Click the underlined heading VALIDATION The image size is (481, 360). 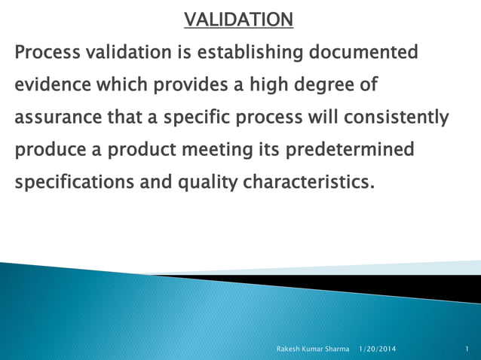(x=239, y=19)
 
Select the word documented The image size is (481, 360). (x=361, y=53)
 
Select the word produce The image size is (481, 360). (x=50, y=150)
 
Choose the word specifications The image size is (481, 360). (x=74, y=183)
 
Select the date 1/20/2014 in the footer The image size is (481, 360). (x=376, y=349)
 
